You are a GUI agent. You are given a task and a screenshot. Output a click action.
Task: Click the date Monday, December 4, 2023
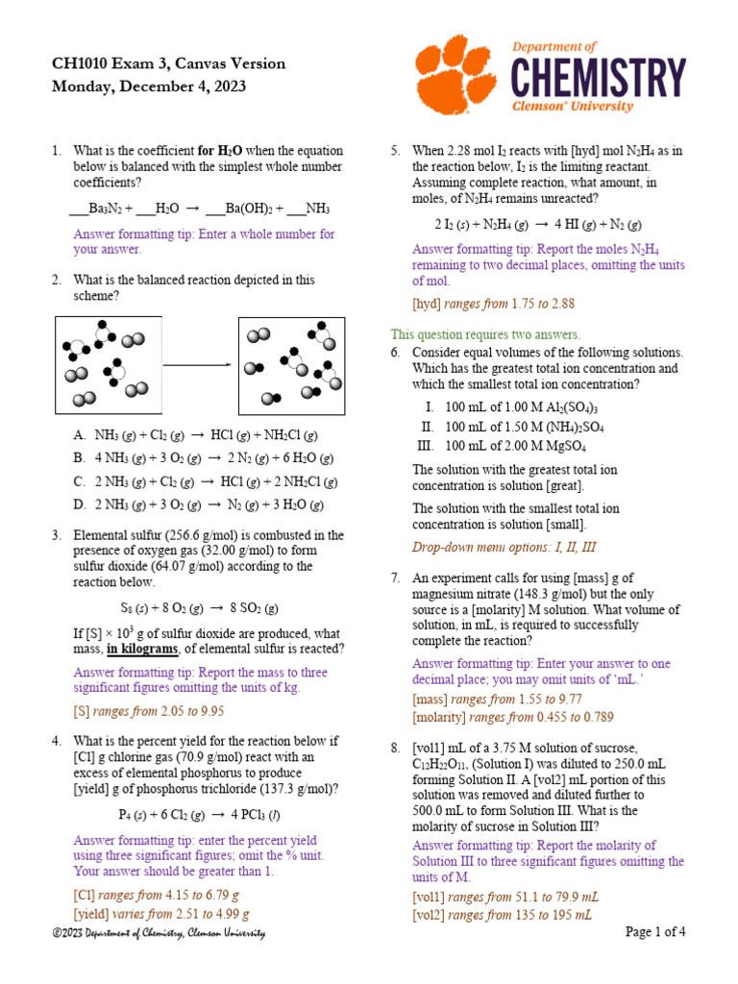tap(149, 86)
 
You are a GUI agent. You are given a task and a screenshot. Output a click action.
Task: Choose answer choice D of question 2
tap(198, 504)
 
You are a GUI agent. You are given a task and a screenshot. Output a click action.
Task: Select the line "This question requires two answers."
tap(485, 334)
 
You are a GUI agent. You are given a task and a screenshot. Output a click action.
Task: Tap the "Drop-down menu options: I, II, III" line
tap(504, 548)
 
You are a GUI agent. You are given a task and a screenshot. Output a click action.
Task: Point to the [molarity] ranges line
tap(512, 717)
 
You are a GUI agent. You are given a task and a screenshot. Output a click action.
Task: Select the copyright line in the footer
tap(159, 933)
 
